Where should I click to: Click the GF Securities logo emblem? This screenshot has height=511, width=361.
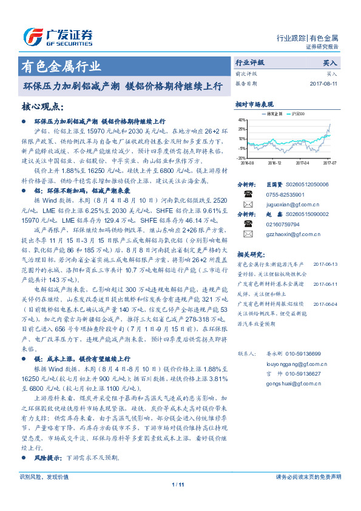pos(31,36)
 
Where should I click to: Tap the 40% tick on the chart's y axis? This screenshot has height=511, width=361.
pos(241,121)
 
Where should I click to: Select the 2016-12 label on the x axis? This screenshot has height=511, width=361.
pos(274,163)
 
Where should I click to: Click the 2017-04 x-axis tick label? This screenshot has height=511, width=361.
pos(303,163)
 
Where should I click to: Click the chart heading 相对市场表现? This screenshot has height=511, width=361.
pos(254,104)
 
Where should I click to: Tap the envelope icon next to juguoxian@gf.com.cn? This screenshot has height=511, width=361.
pos(248,205)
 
